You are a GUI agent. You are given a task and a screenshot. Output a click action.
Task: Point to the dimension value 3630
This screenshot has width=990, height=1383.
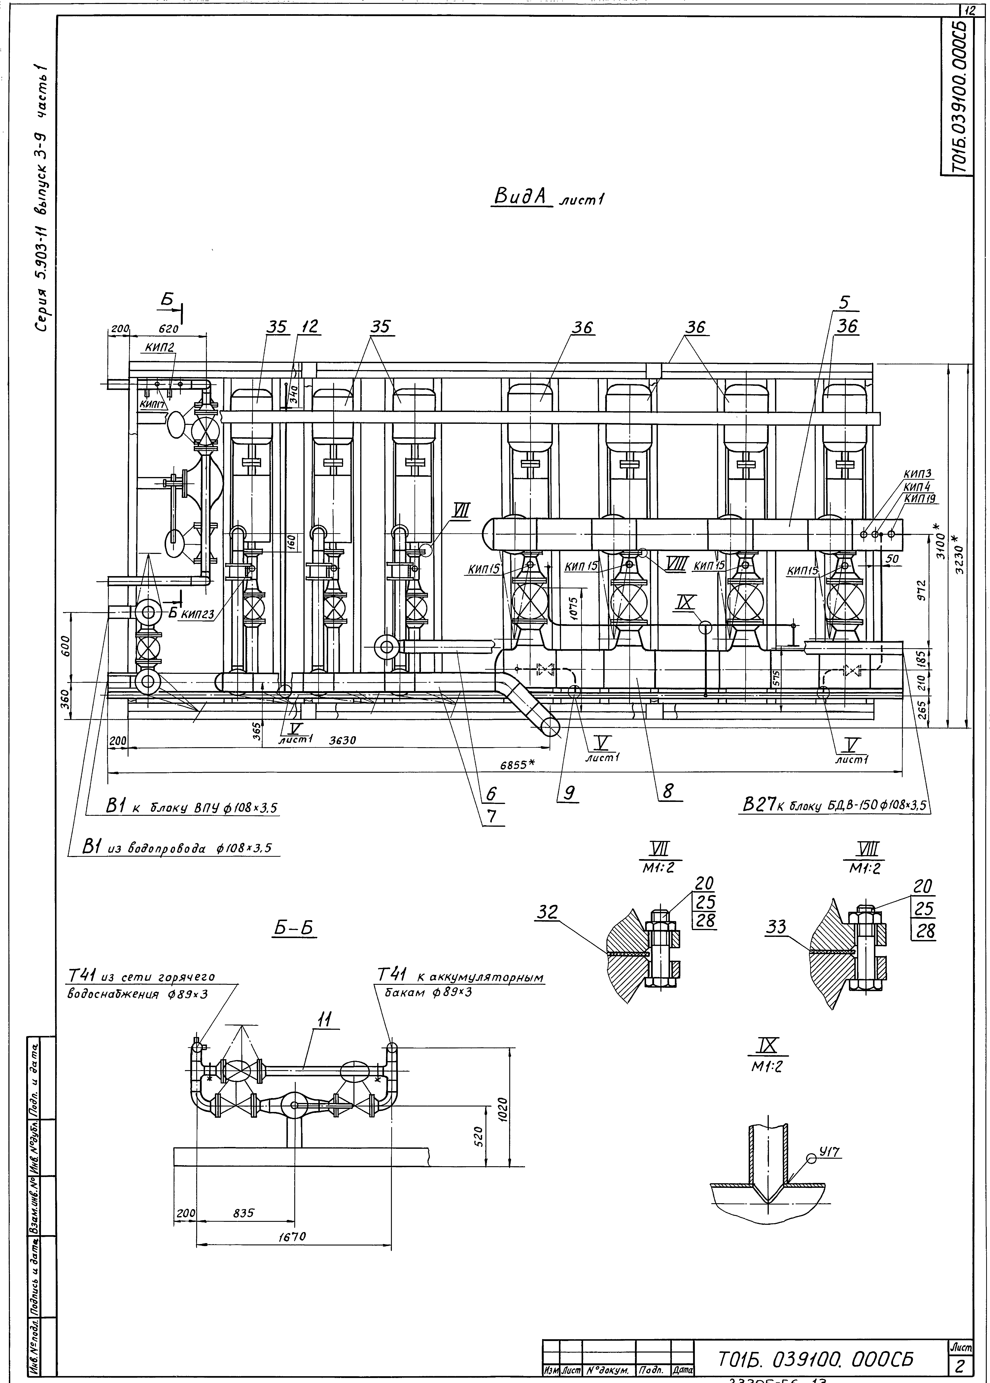click(343, 741)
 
